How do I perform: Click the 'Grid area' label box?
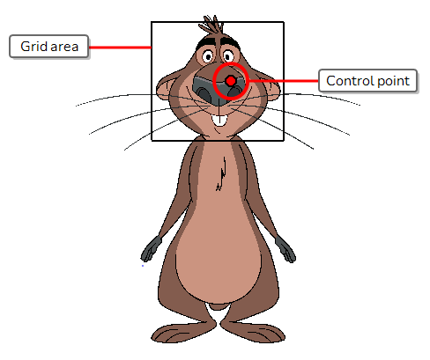[x=48, y=46]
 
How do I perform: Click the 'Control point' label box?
[x=367, y=81]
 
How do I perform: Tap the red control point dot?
[x=231, y=81]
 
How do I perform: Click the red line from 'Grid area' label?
[x=120, y=47]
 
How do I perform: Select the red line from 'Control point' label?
[x=284, y=81]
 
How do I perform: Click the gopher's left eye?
[x=208, y=56]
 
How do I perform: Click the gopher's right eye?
[x=228, y=55]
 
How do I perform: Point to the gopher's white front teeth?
[x=219, y=121]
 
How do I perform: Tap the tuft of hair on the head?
[x=211, y=25]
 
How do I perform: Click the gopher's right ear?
[x=271, y=87]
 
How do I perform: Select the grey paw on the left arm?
[x=151, y=249]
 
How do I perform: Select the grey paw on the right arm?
[x=285, y=249]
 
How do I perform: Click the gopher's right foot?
[x=253, y=333]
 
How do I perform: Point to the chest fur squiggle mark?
[x=221, y=174]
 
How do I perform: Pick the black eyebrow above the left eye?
[x=206, y=43]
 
